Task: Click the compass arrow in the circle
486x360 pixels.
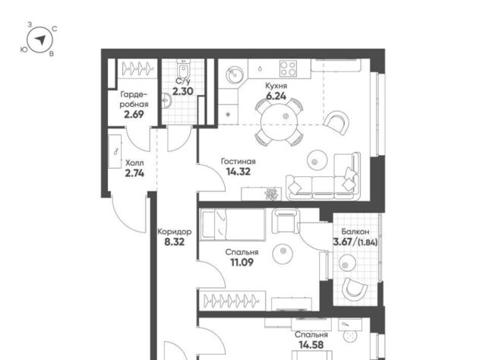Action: tap(40, 39)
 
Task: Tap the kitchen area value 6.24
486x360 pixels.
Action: tap(276, 96)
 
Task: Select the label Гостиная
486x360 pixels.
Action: tap(238, 161)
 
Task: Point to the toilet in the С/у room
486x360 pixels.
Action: tap(183, 70)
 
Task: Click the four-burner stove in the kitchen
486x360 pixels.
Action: tap(288, 68)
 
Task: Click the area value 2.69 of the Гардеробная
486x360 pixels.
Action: tap(134, 115)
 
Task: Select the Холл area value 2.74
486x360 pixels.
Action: tap(134, 173)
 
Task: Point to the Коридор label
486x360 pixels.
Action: tap(175, 232)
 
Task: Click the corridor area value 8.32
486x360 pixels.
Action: tap(175, 242)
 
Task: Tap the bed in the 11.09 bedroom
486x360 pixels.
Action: tap(233, 225)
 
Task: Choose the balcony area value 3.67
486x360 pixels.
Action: tap(344, 242)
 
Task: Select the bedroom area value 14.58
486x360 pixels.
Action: tap(311, 345)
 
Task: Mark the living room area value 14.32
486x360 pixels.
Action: tap(238, 172)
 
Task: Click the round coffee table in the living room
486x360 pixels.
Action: tap(317, 160)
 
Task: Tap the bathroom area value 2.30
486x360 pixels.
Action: tap(183, 91)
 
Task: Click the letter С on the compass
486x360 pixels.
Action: tap(54, 29)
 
